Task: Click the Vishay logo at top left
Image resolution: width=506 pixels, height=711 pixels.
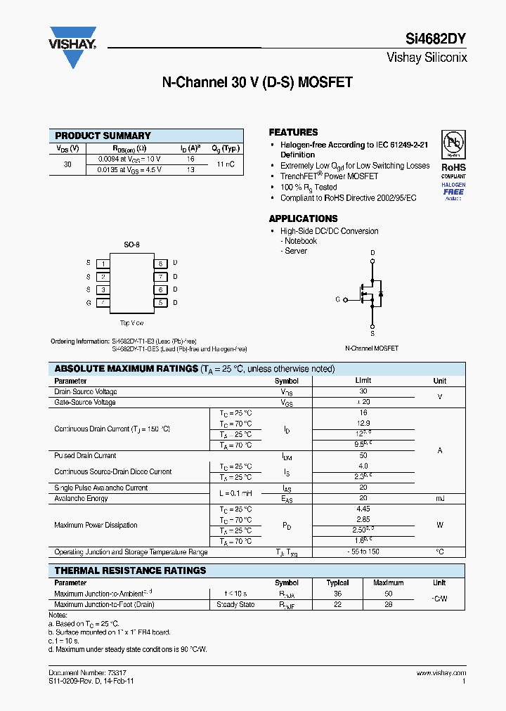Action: [x=72, y=46]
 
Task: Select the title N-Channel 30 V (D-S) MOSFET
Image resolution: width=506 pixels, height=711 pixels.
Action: [x=257, y=83]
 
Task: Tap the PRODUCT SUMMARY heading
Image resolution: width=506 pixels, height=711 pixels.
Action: [x=103, y=136]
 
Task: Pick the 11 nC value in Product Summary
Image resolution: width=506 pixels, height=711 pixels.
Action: [x=225, y=164]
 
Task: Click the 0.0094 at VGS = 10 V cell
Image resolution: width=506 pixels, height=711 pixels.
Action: [x=129, y=159]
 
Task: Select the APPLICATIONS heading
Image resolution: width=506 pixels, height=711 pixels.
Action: [x=303, y=218]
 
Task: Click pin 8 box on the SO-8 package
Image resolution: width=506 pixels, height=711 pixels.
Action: [x=161, y=263]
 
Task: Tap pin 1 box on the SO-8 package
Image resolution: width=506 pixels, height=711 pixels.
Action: [x=103, y=263]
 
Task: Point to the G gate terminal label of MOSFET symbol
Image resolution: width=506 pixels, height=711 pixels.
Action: [x=337, y=300]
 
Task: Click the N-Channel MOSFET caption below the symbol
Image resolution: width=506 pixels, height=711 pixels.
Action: [x=372, y=348]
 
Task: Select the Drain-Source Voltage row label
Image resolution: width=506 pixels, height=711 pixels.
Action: [x=86, y=391]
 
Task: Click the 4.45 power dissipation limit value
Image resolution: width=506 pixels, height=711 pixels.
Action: [x=363, y=509]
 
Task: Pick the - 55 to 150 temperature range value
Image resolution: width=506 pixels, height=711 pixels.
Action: [x=363, y=552]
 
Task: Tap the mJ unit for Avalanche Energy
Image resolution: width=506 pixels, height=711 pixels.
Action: [x=440, y=498]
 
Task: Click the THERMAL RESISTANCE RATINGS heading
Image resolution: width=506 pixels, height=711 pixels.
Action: [x=130, y=570]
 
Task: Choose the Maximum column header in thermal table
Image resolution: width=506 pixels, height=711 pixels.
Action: [x=388, y=582]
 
